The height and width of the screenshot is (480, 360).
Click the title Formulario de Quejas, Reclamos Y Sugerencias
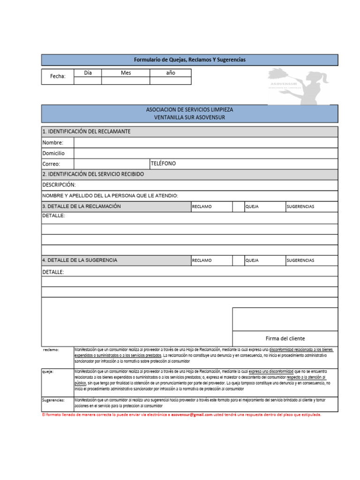189,60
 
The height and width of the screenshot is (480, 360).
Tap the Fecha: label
58,76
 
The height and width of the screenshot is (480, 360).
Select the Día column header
88,73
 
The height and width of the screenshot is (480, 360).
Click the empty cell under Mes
126,81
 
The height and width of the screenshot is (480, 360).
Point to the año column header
170,73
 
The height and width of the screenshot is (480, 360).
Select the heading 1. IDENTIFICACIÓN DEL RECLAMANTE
86,131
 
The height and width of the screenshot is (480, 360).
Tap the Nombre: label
52,142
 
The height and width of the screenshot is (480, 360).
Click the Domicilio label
54,153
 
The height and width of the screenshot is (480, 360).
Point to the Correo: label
52,164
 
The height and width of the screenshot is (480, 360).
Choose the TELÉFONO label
164,163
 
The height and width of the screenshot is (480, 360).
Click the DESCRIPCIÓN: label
59,185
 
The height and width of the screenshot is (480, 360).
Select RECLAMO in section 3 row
202,207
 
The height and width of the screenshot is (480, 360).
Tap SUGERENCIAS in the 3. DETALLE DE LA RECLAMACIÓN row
300,207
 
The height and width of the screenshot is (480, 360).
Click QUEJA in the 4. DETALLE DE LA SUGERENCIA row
252,261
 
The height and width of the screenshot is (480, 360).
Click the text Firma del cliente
285,338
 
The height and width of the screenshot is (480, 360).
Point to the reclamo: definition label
51,350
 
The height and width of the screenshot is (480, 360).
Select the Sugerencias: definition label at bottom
53,400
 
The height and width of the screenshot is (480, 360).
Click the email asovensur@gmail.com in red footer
192,415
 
